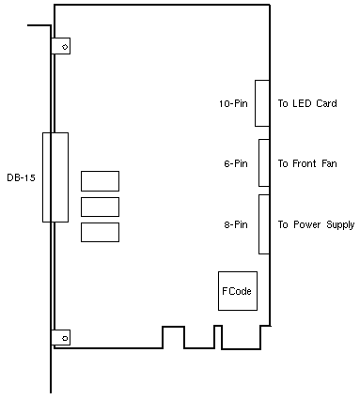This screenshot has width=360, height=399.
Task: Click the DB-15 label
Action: tap(21, 177)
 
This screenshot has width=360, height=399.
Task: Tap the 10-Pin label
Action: tap(233, 103)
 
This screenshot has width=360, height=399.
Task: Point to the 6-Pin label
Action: tap(236, 163)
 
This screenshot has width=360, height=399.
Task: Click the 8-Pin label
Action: tap(236, 224)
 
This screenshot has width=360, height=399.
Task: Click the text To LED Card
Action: tap(307, 103)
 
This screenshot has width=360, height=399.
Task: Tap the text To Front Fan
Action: tap(307, 163)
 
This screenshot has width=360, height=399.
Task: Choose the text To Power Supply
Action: tap(316, 225)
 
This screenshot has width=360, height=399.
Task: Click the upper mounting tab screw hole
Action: tap(65, 47)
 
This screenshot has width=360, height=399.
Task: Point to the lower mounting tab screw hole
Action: tap(65, 338)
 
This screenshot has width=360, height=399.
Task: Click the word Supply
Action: tap(340, 225)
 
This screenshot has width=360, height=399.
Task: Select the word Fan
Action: tap(329, 163)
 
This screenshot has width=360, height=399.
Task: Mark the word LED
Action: tap(302, 103)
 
